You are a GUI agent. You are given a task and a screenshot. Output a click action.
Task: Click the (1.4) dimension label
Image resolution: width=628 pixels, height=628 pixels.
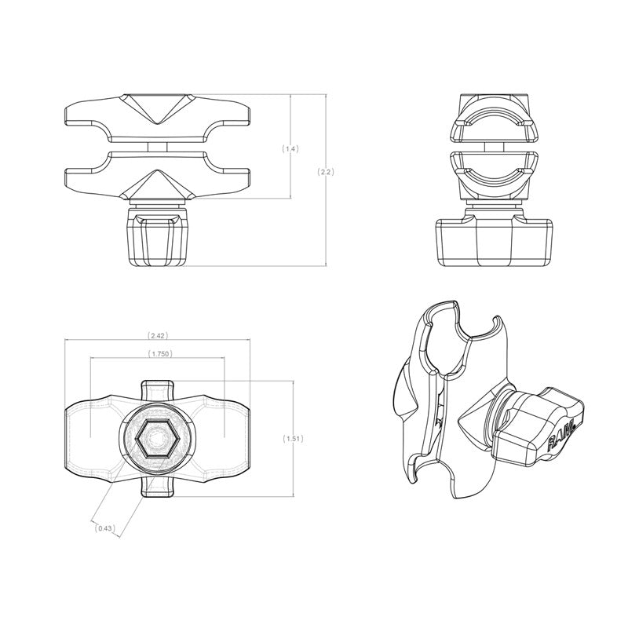[x=290, y=148]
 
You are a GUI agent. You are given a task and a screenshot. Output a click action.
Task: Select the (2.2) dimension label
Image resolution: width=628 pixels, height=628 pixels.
[x=325, y=171]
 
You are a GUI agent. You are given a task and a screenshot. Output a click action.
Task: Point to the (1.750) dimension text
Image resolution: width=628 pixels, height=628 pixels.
[x=159, y=354]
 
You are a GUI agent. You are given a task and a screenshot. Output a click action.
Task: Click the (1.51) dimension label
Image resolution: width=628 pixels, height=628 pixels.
[x=292, y=439]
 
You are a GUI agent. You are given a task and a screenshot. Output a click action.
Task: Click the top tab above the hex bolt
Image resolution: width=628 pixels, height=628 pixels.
[x=157, y=389]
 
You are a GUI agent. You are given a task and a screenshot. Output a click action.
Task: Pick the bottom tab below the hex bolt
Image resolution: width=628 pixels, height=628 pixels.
[x=157, y=487]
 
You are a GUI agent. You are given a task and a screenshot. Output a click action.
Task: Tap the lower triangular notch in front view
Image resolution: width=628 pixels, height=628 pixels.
[x=159, y=185]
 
